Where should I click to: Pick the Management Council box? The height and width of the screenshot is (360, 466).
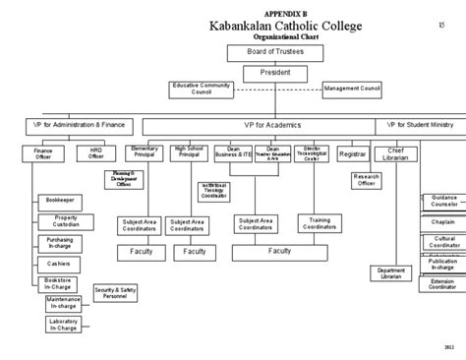[x=350, y=89]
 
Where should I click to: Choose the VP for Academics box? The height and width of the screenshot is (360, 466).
[x=260, y=126]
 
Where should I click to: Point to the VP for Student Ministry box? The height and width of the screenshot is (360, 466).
[x=419, y=126]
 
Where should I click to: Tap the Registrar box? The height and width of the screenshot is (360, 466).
[x=352, y=153]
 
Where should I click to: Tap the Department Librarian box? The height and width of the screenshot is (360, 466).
[x=391, y=273]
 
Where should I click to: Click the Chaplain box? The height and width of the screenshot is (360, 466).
[x=441, y=222]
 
